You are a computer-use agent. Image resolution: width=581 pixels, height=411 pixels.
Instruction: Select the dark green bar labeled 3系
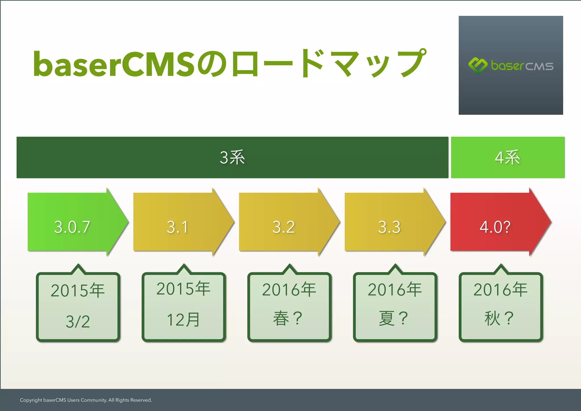pyautogui.click(x=232, y=157)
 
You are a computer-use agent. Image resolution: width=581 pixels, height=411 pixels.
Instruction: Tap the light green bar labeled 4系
pyautogui.click(x=508, y=157)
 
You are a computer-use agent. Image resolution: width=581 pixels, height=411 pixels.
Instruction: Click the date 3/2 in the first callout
pyautogui.click(x=78, y=322)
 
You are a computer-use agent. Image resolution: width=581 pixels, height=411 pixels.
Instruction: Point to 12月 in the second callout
pyautogui.click(x=184, y=320)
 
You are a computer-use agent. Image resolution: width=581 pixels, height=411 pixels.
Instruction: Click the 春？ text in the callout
pyautogui.click(x=288, y=318)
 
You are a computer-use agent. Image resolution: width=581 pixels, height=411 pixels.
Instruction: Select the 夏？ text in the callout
pyautogui.click(x=394, y=318)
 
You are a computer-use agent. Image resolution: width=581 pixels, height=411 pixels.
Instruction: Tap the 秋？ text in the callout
pyautogui.click(x=500, y=318)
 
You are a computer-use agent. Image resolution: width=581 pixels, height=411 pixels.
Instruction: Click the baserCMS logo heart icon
pyautogui.click(x=478, y=66)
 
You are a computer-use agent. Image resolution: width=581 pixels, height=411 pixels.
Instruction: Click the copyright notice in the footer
pyautogui.click(x=86, y=400)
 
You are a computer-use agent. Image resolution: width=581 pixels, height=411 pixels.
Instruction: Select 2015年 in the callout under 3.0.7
pyautogui.click(x=78, y=290)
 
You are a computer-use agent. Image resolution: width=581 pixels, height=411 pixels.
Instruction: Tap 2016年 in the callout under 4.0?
pyautogui.click(x=500, y=290)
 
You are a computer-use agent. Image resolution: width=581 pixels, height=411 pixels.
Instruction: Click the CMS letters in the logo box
pyautogui.click(x=539, y=67)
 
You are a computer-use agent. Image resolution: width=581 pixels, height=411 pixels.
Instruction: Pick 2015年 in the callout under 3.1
pyautogui.click(x=184, y=289)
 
